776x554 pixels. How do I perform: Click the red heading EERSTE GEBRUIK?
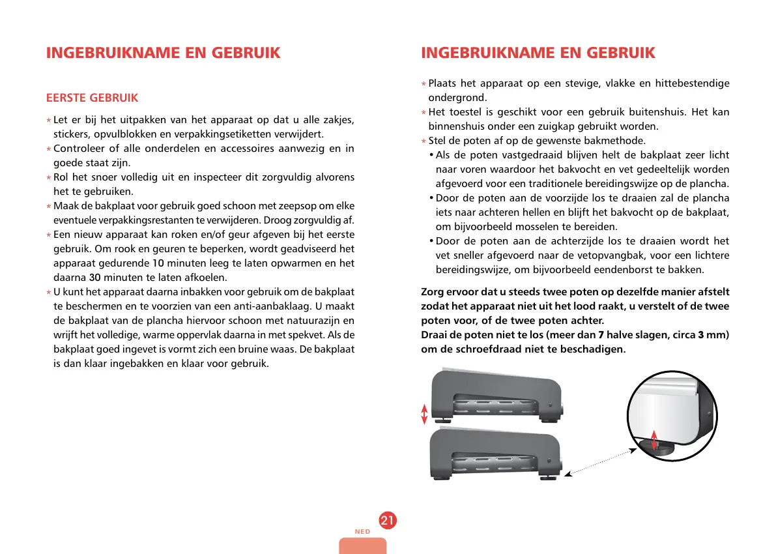pyautogui.click(x=92, y=98)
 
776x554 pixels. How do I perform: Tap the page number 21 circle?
pyautogui.click(x=387, y=521)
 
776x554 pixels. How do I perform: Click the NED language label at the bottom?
pyautogui.click(x=362, y=532)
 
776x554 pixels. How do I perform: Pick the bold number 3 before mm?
pyautogui.click(x=700, y=335)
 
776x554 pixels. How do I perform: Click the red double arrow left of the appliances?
pyautogui.click(x=425, y=414)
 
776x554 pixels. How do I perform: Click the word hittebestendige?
pyautogui.click(x=692, y=83)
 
